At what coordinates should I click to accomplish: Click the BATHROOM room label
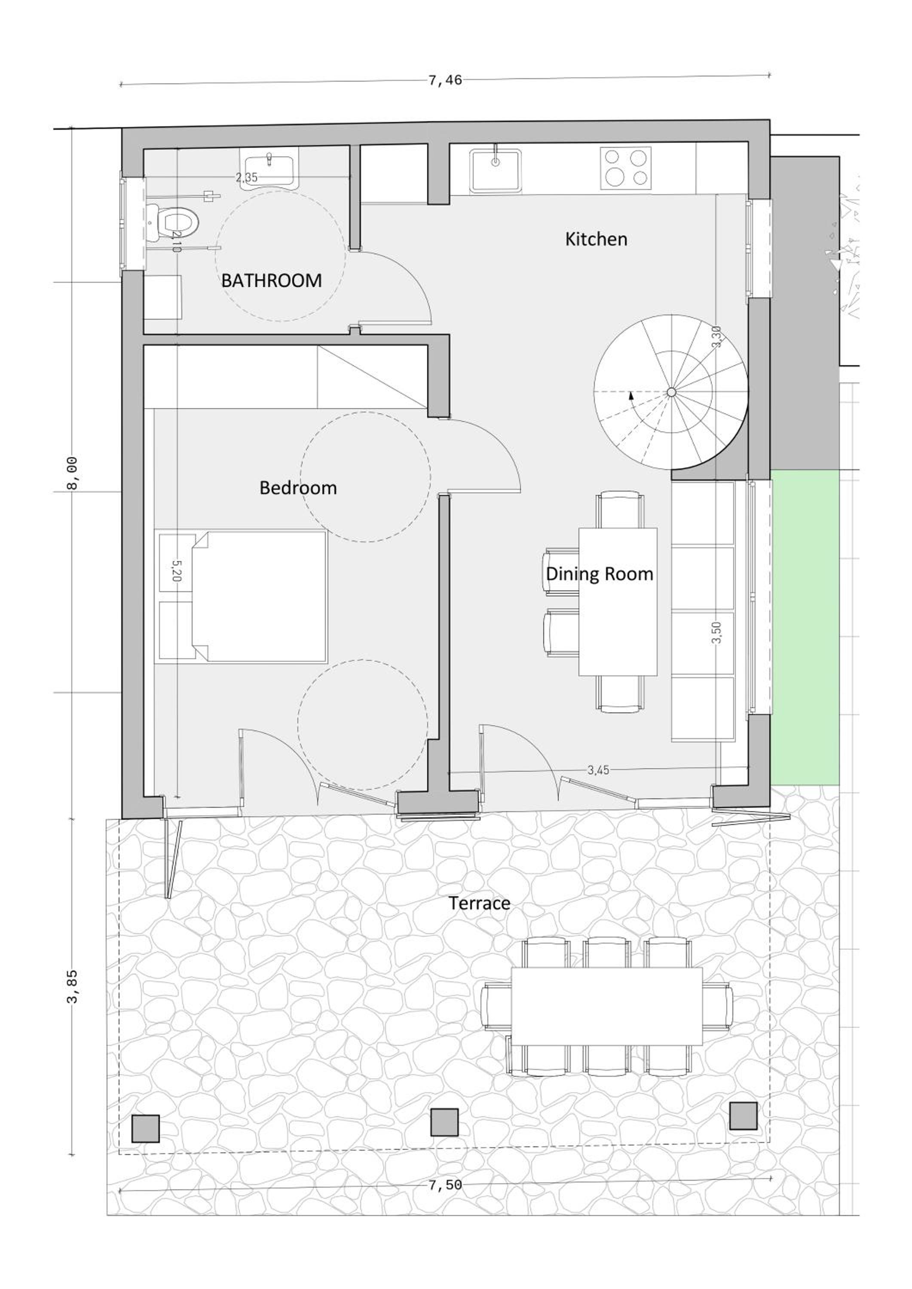coord(271,280)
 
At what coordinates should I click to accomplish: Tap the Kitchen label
coord(596,239)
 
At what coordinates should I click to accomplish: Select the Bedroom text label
coord(298,487)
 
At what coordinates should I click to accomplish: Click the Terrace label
coord(479,903)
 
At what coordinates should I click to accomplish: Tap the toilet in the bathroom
coord(174,222)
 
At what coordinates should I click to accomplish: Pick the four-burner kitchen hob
coord(626,168)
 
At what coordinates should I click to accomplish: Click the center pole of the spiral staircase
coord(671,392)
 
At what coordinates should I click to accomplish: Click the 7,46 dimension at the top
coord(445,80)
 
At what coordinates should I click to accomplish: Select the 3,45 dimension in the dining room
coord(599,770)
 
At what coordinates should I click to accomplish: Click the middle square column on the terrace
coord(444,1122)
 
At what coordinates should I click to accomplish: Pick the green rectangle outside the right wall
coord(805,628)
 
